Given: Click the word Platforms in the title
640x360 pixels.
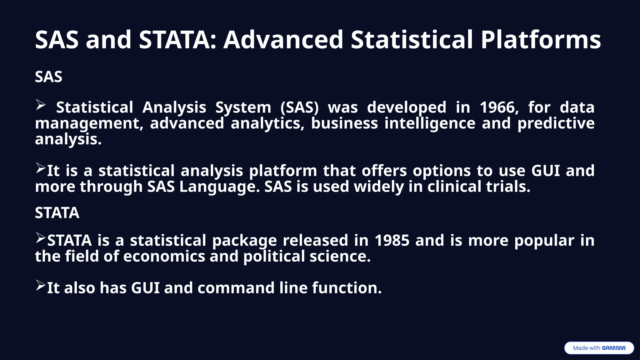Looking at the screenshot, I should click(541, 40).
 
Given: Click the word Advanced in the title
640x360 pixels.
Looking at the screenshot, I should click(283, 40).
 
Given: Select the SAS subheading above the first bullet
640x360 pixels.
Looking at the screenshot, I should click(48, 77).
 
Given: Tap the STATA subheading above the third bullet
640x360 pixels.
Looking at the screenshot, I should click(57, 213).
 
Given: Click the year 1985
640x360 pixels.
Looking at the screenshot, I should click(392, 241).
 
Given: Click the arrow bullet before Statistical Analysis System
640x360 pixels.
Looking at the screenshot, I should click(41, 105).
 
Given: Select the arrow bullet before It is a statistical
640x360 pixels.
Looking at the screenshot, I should click(41, 168).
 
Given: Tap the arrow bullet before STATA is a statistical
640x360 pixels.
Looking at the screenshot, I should click(41, 238).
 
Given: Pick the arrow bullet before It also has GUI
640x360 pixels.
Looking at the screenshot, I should click(41, 285).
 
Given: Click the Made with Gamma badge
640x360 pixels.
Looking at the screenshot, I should click(599, 348).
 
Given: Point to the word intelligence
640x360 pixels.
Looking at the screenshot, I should click(430, 123).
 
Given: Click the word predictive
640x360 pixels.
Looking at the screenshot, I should click(556, 123).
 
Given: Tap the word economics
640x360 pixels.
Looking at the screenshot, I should click(164, 257).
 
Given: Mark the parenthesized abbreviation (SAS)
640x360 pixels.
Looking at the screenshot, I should click(299, 107).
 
